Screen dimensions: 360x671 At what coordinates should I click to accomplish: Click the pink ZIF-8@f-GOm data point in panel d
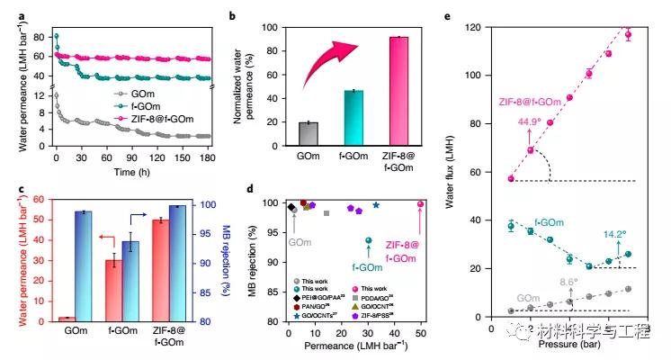tap(420, 204)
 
